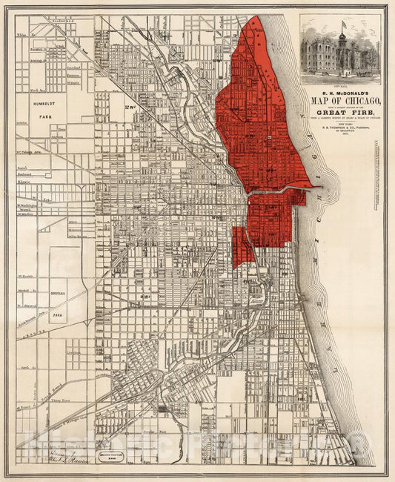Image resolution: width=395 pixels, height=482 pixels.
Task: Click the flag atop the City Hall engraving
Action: click(x=343, y=24)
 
